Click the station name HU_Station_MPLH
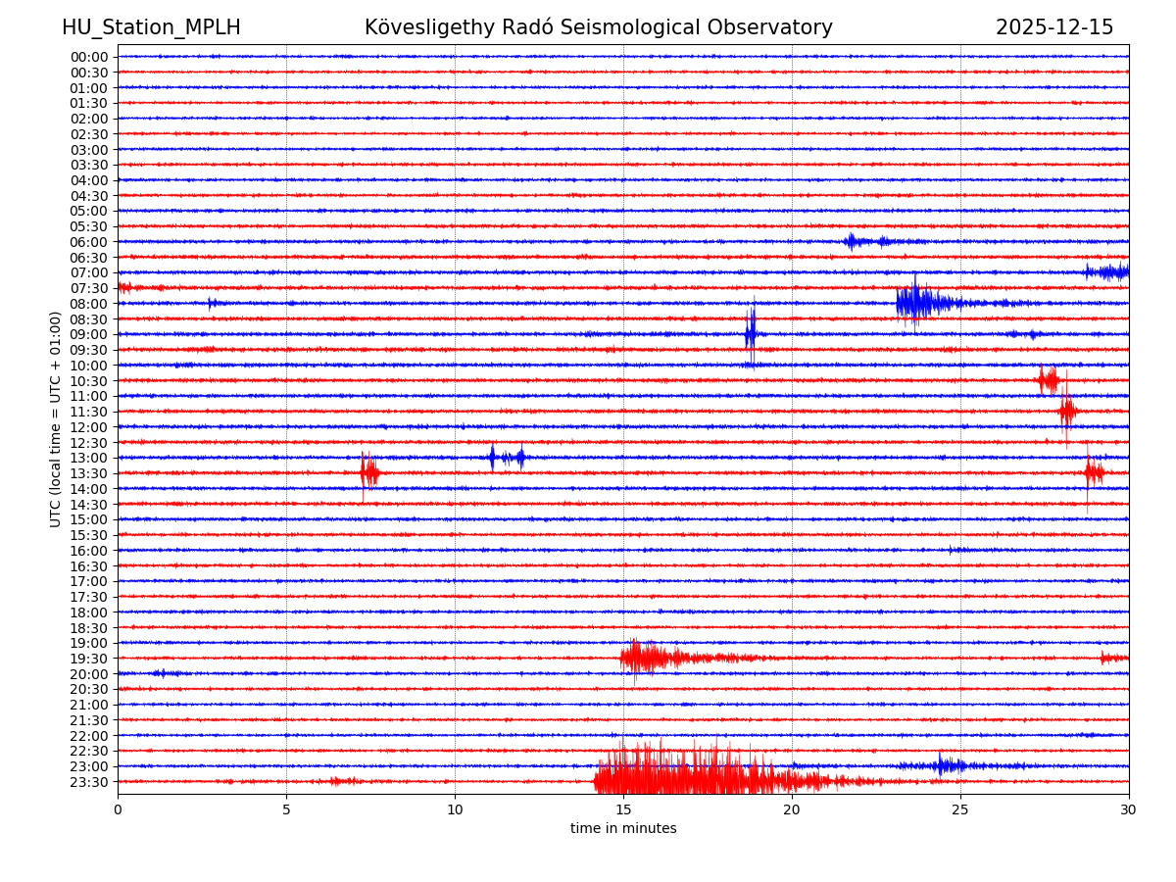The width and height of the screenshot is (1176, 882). click(151, 27)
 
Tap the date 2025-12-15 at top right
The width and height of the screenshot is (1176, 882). click(1054, 27)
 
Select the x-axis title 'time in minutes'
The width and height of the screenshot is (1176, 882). click(623, 829)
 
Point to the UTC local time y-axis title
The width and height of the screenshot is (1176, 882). click(56, 418)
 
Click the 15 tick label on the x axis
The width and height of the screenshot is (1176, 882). click(623, 809)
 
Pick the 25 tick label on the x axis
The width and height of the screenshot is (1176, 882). click(960, 809)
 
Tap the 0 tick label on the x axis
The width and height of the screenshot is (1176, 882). click(118, 809)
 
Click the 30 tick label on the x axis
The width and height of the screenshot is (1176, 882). click(1129, 809)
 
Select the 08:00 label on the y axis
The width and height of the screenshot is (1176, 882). click(89, 304)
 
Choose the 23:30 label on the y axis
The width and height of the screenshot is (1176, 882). click(89, 782)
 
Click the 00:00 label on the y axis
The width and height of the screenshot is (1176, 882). click(89, 57)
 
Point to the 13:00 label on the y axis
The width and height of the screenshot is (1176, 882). click(89, 458)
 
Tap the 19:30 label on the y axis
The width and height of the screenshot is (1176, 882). click(89, 659)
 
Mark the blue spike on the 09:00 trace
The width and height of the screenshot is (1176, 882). click(751, 333)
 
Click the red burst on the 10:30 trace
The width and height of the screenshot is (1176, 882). click(1049, 380)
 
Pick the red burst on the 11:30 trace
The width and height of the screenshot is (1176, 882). click(1067, 412)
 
